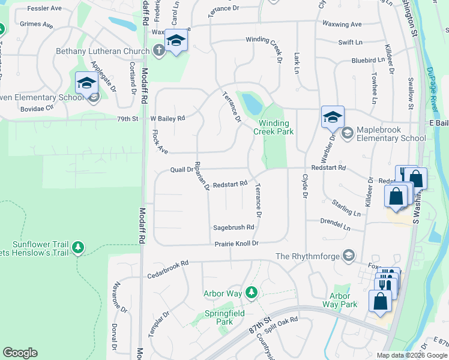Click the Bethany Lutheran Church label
coord(103,51)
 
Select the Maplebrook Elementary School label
coord(391,134)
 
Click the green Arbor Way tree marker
coord(253,293)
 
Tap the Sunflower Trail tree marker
coord(77,247)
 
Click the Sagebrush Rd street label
coord(234,227)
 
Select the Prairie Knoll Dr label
coord(237,244)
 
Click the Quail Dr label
coord(181,169)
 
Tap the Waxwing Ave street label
coord(342,25)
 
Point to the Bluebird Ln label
coord(368,60)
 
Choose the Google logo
coord(20,353)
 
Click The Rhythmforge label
coord(307,256)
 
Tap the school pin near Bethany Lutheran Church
coord(176,41)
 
